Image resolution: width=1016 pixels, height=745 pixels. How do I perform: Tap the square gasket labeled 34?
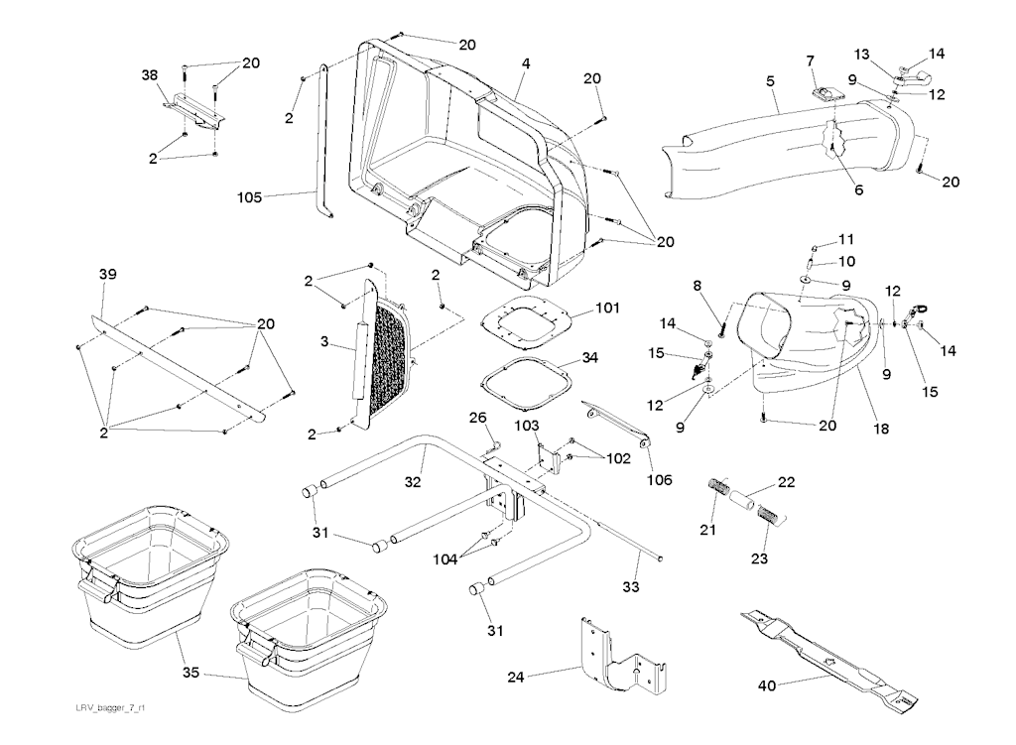pos(523,380)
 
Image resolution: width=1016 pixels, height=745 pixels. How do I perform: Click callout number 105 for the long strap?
pos(249,197)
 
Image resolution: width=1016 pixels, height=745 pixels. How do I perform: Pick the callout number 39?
pos(107,274)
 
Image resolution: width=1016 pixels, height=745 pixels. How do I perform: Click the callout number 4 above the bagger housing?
pos(526,63)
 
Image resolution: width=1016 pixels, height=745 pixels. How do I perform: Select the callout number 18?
pos(881,430)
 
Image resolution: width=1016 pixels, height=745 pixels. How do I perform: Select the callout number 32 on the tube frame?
pos(414,482)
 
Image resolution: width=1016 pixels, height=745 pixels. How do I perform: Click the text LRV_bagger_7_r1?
pos(111,707)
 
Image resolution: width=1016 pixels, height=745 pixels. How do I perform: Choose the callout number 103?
pos(526,425)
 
